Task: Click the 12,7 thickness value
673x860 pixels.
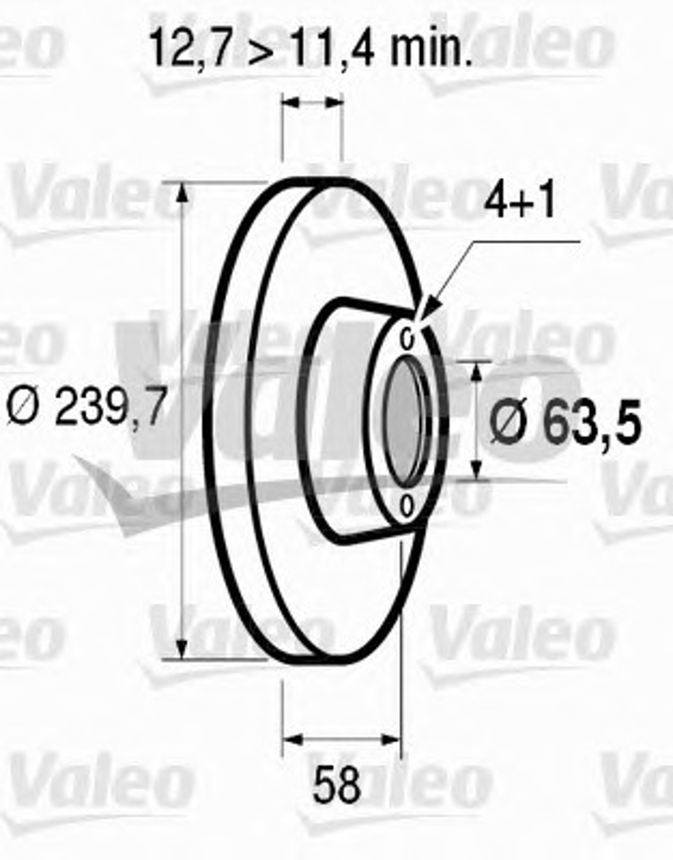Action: [190, 47]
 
